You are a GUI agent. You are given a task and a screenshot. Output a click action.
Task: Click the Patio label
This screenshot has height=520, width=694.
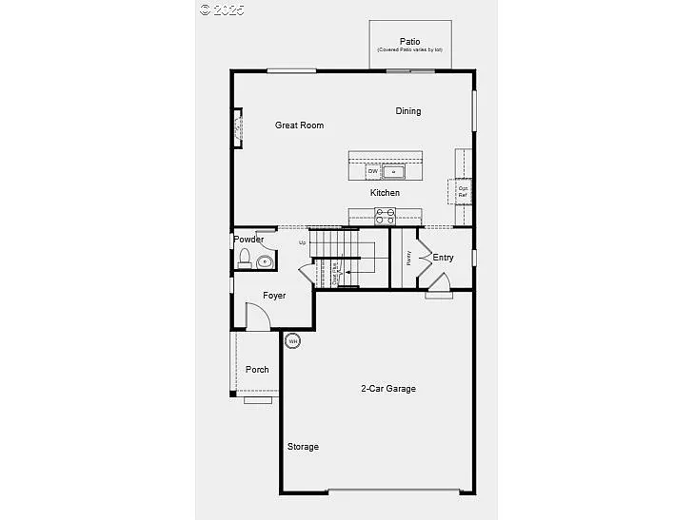(x=409, y=41)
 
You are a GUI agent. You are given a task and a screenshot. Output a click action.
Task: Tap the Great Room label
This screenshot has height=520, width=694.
(x=299, y=125)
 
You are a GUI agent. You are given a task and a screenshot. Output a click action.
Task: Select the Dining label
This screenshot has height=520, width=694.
(x=408, y=111)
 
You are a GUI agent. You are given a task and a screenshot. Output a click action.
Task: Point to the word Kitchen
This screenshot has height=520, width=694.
(x=385, y=193)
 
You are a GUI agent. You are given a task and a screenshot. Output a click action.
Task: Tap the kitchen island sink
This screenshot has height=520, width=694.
(x=393, y=171)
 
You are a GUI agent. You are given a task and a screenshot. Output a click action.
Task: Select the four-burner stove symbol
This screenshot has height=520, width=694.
(x=386, y=217)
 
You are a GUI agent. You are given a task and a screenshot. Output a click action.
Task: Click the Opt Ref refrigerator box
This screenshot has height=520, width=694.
(x=463, y=190)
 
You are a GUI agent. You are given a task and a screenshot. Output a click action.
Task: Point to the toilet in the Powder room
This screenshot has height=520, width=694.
(x=245, y=258)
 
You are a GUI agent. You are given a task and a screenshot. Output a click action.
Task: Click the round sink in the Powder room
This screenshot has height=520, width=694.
(x=264, y=261)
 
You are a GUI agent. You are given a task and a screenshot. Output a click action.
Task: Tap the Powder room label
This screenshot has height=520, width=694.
(x=248, y=240)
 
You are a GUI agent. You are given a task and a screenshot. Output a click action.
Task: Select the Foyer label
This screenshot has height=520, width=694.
(x=274, y=296)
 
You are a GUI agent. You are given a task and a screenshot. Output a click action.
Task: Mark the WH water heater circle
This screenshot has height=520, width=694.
(x=293, y=340)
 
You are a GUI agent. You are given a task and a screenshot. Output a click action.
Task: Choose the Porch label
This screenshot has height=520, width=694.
(x=257, y=370)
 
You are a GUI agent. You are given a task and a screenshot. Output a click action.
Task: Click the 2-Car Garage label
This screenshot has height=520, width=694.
(x=387, y=388)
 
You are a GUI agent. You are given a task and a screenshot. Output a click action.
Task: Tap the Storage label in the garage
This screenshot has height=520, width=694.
(x=304, y=447)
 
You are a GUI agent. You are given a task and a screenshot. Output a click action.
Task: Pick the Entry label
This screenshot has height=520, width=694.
(x=443, y=258)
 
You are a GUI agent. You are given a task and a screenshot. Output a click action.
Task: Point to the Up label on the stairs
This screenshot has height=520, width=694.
(x=303, y=242)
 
